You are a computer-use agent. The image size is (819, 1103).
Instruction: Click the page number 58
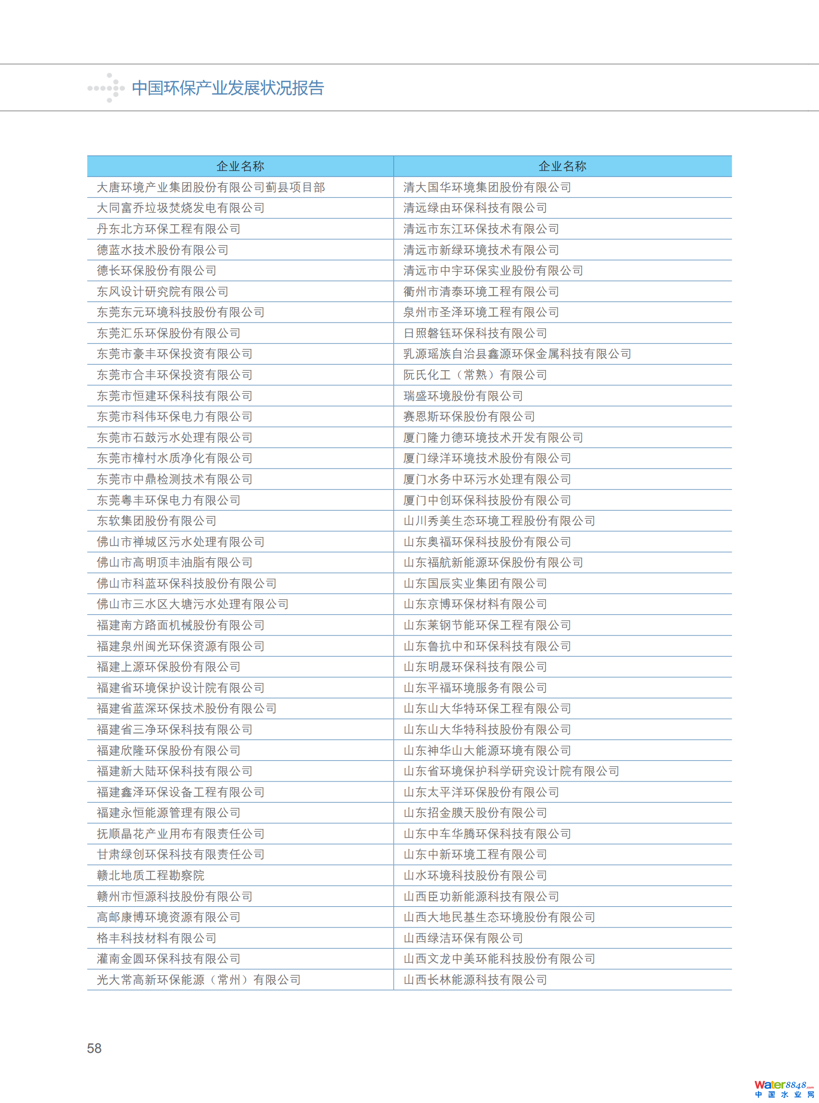pos(94,1048)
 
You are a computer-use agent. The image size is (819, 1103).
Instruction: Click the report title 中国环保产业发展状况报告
pos(228,88)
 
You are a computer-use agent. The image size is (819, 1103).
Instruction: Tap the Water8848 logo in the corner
pos(784,1089)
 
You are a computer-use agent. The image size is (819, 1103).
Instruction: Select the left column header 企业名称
pos(240,167)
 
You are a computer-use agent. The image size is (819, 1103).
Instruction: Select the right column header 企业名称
pos(562,167)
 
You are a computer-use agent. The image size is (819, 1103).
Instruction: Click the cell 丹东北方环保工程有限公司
pos(169,229)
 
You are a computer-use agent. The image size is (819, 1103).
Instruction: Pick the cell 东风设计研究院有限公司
pos(163,292)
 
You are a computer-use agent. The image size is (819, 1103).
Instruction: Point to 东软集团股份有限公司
pos(157,521)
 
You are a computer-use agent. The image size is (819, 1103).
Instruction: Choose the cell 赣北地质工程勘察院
pos(151,875)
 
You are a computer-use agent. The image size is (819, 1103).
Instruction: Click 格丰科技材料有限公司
pos(157,938)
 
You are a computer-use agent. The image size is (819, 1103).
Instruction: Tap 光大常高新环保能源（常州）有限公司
pos(199,980)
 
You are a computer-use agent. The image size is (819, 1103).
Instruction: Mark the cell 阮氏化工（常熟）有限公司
pos(475,375)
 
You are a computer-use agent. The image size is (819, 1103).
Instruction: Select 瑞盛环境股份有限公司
pos(463,396)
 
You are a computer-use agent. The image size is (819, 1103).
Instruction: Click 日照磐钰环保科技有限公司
pos(475,334)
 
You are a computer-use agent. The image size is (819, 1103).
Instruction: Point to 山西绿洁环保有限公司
pos(463,938)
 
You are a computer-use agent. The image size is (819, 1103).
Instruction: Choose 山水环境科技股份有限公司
pos(475,875)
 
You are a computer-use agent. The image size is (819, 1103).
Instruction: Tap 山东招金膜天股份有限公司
pos(475,813)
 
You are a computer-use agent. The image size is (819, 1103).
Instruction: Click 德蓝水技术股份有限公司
pos(163,250)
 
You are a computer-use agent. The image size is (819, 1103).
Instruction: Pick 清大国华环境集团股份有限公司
pos(487,188)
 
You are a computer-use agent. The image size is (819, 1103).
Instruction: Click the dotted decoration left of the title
pos(106,88)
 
